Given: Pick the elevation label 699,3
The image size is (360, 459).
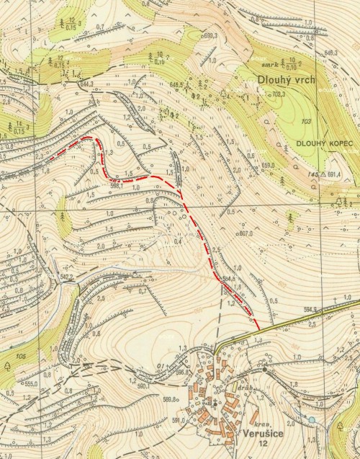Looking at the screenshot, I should (x=210, y=36).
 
